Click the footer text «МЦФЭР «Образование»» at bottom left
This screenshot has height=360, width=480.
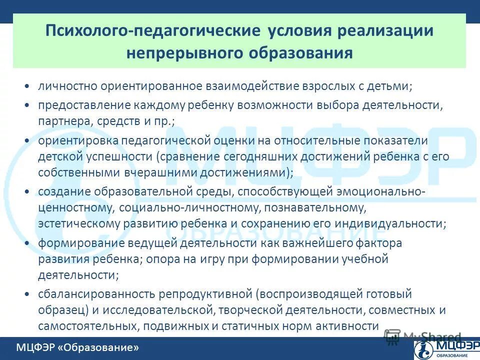pos(77,347)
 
